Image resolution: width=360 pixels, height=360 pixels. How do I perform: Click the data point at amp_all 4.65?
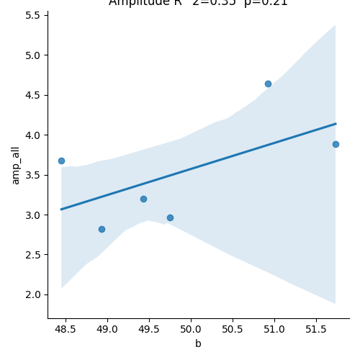click(x=268, y=84)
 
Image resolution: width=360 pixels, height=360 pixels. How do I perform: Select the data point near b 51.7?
click(x=336, y=144)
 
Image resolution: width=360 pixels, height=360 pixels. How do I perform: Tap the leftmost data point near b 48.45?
click(x=61, y=161)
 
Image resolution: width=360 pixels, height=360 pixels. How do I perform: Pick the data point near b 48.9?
click(x=102, y=229)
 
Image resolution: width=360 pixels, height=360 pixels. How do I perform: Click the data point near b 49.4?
click(x=143, y=199)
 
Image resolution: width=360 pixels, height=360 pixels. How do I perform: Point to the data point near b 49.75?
click(x=170, y=217)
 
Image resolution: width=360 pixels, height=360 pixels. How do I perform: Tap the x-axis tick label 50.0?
click(x=191, y=329)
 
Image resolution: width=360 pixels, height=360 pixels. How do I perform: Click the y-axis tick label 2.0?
click(x=34, y=294)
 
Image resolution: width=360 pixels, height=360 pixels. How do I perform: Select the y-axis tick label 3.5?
click(x=34, y=175)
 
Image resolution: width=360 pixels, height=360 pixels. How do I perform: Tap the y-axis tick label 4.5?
click(x=34, y=95)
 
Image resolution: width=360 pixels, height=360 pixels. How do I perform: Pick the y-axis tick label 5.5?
click(x=34, y=15)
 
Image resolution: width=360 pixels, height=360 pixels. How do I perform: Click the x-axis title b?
click(x=198, y=343)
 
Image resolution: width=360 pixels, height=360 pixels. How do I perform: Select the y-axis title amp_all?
click(x=15, y=163)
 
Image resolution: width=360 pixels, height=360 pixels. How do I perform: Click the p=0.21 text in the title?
click(x=265, y=3)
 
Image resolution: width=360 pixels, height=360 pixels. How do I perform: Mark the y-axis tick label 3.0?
click(x=34, y=215)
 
